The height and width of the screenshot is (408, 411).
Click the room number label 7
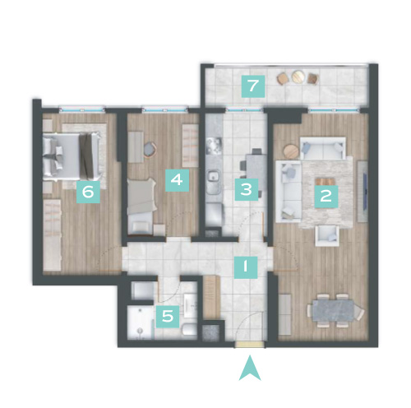click(253, 86)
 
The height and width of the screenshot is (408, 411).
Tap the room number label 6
click(88, 192)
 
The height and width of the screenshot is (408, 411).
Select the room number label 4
click(177, 180)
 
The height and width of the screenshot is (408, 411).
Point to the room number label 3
click(247, 189)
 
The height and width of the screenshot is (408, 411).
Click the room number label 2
click(326, 197)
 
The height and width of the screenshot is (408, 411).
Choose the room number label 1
click(246, 267)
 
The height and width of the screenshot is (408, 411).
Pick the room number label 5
click(168, 317)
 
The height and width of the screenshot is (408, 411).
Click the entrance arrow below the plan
click(250, 368)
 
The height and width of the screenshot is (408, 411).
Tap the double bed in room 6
click(72, 155)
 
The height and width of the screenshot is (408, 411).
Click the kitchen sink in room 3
click(214, 176)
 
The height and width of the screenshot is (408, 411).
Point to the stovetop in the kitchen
click(214, 146)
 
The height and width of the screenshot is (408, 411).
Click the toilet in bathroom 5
click(190, 329)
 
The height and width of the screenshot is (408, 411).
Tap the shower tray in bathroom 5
click(141, 322)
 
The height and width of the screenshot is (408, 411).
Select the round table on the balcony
click(297, 76)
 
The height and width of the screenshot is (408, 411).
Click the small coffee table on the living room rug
click(326, 182)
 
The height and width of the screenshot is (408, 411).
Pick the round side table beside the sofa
click(291, 151)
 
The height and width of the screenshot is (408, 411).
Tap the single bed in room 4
click(141, 206)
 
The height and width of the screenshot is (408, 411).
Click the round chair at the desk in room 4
click(150, 150)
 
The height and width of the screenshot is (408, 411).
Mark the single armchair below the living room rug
click(327, 235)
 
